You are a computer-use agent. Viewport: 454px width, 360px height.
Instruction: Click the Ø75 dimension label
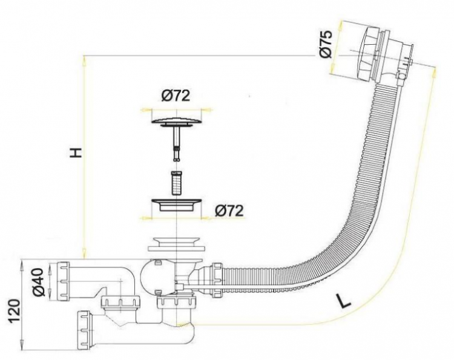[x=325, y=44]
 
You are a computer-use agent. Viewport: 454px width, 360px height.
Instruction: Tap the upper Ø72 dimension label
[x=176, y=96]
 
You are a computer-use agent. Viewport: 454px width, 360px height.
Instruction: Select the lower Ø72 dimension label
[x=229, y=211]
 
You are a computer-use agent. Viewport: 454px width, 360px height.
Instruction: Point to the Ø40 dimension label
[x=39, y=282]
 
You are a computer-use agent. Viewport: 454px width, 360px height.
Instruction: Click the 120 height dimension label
[x=14, y=311]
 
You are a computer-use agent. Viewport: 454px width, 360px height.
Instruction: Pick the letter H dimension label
[x=76, y=152]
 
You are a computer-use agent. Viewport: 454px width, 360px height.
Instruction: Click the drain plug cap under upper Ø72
[x=176, y=121]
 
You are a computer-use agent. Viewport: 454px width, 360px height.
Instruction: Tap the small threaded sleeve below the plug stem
[x=175, y=183]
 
